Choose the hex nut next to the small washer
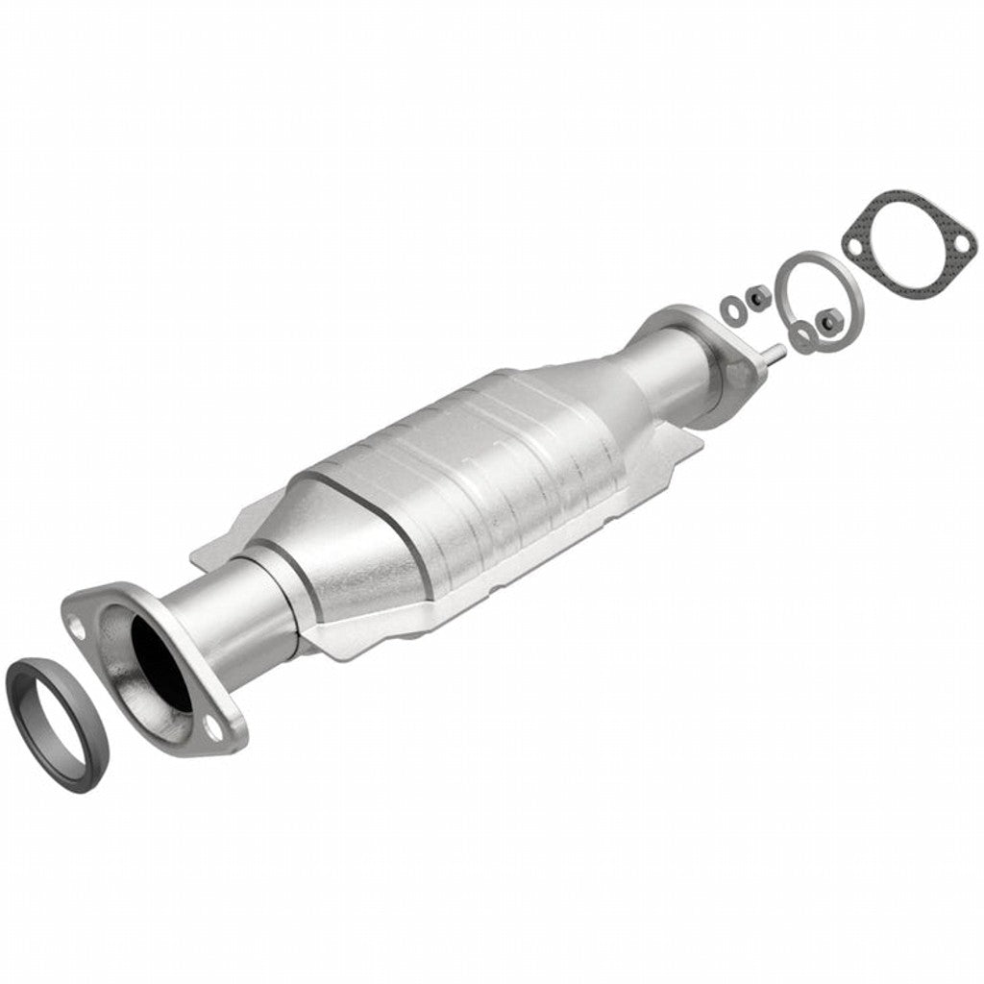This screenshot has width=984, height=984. click(757, 298)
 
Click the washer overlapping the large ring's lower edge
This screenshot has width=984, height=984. click(802, 333)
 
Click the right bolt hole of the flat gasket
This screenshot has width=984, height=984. click(958, 254)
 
